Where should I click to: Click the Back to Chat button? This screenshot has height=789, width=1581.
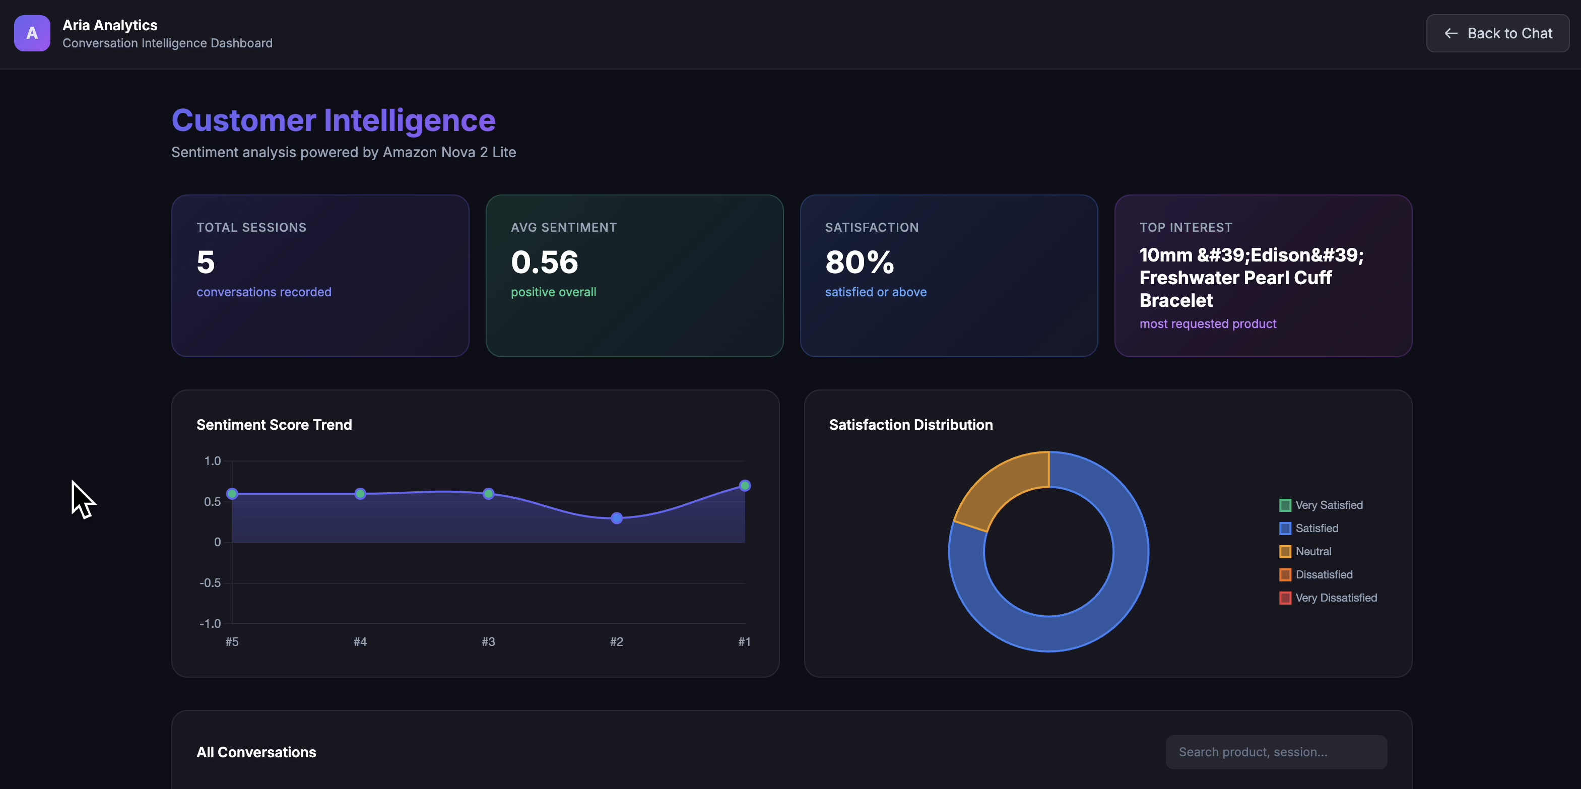pos(1497,33)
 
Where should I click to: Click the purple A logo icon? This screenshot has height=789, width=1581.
pos(32,33)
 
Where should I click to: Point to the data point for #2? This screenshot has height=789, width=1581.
pos(616,518)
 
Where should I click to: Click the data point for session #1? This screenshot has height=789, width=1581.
pos(745,486)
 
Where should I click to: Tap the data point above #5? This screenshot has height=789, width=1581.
pos(232,494)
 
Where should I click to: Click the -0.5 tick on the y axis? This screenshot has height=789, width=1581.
pos(210,583)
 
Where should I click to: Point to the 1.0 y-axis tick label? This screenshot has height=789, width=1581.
pos(212,461)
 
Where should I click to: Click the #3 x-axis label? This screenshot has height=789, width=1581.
pos(488,642)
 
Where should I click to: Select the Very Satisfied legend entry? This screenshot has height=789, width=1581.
pos(1328,505)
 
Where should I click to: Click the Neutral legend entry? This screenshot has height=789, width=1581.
pos(1313,552)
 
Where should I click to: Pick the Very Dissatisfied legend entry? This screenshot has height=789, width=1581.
pos(1336,598)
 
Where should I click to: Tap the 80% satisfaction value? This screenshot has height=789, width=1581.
pos(859,262)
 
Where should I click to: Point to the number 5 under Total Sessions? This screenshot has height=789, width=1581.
pos(206,262)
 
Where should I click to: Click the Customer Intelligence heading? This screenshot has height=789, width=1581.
pos(333,120)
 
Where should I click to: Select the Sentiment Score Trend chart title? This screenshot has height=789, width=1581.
pos(274,425)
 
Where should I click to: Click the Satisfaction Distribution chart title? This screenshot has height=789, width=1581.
pos(910,425)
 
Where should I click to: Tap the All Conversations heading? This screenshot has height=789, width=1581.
pos(256,752)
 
